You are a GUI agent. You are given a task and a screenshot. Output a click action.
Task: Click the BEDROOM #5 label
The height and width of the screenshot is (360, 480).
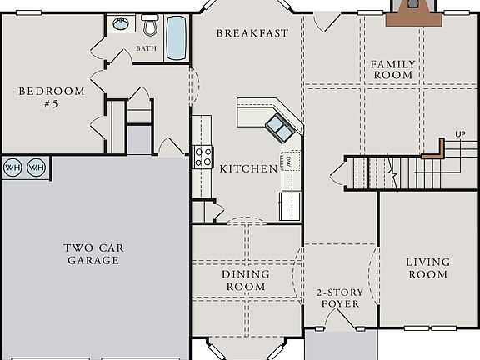(x=51, y=98)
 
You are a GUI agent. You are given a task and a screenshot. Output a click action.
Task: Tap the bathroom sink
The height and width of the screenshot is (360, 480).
(x=121, y=24)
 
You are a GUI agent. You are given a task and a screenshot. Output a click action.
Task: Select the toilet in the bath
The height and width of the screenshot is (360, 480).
(x=150, y=26)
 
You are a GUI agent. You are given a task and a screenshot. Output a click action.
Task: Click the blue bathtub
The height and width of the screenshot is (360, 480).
(x=176, y=38)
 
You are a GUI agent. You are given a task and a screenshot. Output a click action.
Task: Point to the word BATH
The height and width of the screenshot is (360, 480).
(x=146, y=48)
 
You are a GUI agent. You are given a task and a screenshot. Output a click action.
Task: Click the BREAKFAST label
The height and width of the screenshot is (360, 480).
(x=252, y=33)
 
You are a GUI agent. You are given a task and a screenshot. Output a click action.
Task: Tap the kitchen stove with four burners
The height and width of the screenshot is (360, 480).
(x=203, y=156)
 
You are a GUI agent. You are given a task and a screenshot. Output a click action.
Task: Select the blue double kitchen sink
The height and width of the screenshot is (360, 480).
(x=278, y=127)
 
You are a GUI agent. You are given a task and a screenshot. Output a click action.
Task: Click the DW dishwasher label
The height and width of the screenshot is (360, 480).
(x=288, y=160)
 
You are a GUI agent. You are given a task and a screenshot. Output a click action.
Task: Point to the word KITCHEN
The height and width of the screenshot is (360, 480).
(x=248, y=169)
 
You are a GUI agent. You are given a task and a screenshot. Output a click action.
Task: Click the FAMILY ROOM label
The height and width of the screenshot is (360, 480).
(x=392, y=69)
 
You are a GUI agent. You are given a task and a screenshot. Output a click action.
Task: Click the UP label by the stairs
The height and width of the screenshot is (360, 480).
(x=460, y=133)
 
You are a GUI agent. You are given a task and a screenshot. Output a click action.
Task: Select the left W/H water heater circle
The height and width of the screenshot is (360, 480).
(x=12, y=167)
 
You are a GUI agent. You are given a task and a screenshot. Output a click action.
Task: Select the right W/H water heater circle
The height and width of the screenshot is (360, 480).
(x=36, y=167)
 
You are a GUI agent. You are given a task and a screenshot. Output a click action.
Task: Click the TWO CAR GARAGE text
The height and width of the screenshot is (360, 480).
(x=92, y=253)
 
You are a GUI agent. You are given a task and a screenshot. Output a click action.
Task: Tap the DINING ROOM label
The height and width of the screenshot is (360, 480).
(x=245, y=280)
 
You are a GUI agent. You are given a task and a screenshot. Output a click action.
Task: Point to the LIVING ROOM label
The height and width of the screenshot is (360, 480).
(x=427, y=268)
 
